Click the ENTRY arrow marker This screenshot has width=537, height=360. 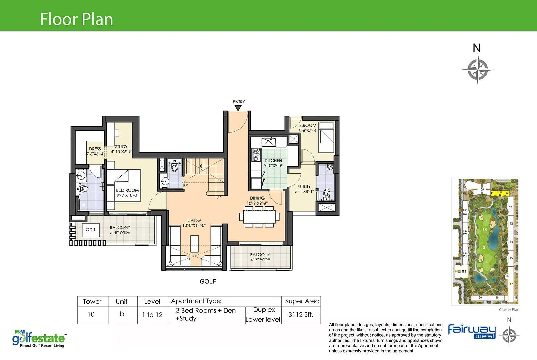point(238,108)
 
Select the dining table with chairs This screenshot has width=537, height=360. point(259,217)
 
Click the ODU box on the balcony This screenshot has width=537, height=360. point(90,230)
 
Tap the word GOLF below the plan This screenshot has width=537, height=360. point(208,281)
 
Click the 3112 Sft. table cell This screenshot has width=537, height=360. point(301,315)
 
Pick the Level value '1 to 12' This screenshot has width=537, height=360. point(152,315)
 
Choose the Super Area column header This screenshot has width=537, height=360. point(302,301)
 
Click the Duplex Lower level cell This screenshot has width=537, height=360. point(263,315)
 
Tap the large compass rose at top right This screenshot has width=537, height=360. point(477,70)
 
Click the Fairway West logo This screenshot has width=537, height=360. point(472,332)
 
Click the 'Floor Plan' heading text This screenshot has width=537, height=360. point(77,19)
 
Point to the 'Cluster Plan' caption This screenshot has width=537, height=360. point(509,310)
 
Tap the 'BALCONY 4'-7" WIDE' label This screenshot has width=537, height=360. point(260,257)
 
